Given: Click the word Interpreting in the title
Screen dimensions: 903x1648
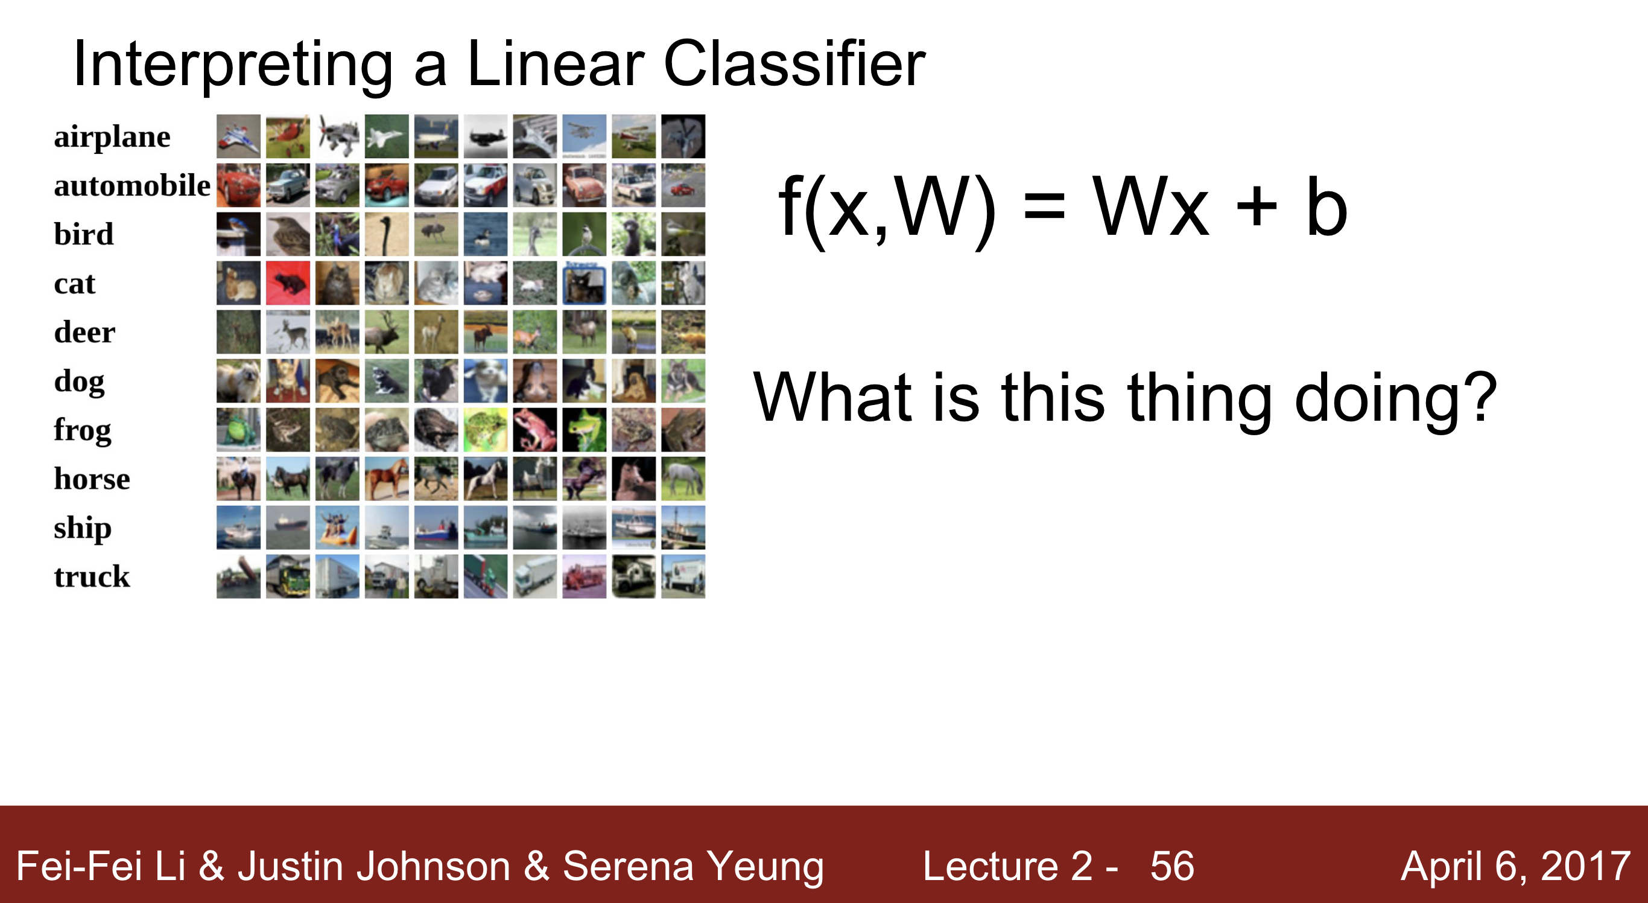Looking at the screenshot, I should point(233,64).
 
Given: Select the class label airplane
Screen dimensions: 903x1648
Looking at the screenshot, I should point(112,136).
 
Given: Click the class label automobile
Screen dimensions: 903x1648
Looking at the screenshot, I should point(132,185).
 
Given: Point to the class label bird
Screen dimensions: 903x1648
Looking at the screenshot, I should point(83,234).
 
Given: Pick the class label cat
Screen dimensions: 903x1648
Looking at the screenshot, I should point(74,284).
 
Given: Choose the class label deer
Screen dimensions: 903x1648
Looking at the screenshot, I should point(84,332).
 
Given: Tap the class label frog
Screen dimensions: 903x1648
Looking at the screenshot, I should point(82,430).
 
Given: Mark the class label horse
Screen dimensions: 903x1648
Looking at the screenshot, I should point(92,479).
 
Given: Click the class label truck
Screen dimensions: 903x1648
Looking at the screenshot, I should point(92,576).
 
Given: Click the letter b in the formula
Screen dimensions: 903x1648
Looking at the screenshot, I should point(1326,206).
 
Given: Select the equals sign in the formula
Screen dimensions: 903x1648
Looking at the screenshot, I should point(1044,208).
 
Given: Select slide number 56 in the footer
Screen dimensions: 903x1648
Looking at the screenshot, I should point(1172,866).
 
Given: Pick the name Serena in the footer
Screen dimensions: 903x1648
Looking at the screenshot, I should point(628,866).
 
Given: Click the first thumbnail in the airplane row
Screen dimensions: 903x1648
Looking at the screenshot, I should point(239,136).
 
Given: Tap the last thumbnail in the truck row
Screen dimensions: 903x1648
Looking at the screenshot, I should point(683,576).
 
